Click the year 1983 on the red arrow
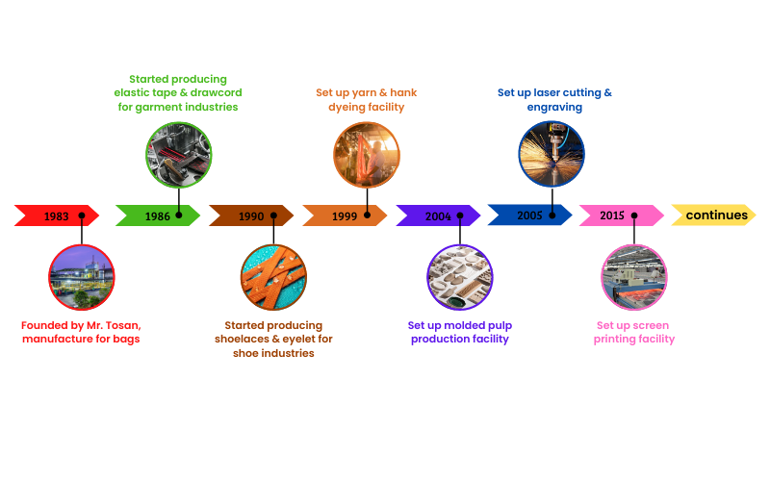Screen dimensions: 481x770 point(57,216)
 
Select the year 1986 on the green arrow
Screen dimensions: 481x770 point(158,216)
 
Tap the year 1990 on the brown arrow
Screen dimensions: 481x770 point(251,216)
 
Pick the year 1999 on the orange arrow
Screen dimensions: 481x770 point(345,216)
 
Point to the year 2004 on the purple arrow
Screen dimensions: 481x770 point(438,216)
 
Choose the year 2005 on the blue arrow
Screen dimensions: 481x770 point(529,215)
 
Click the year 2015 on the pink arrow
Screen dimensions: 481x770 point(612,215)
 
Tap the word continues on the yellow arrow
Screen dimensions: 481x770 point(716,215)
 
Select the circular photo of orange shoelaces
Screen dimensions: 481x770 point(273,277)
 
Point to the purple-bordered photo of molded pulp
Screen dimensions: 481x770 point(460,277)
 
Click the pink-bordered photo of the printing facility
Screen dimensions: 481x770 point(634,277)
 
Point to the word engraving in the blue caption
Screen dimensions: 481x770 point(554,107)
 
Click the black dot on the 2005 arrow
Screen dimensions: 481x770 point(553,215)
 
